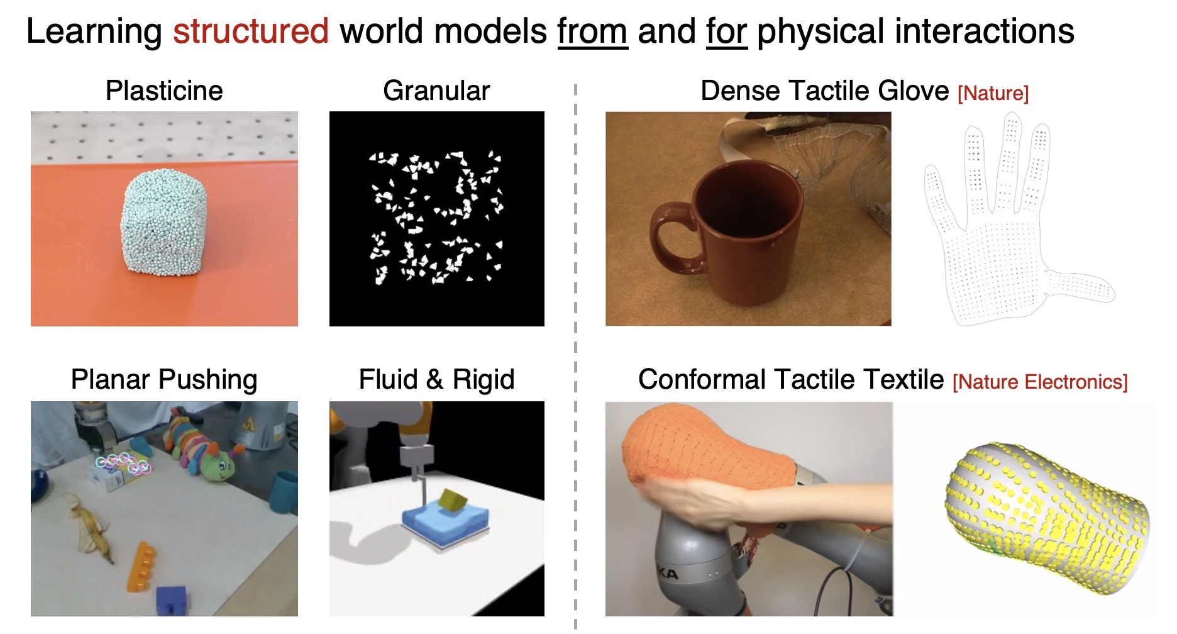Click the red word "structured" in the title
pos(251,31)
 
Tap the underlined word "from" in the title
pos(592,31)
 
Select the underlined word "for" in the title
pos(726,31)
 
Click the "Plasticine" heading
pos(164,91)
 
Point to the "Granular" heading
pos(436,91)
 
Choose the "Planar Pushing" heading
pos(164,380)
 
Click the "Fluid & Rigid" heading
pos(436,380)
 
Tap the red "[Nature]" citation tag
pos(993,94)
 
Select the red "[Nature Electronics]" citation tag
pos(1040,382)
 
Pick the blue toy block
pos(172,599)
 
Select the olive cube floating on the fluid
pos(453,501)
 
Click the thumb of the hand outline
pos(1080,287)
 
